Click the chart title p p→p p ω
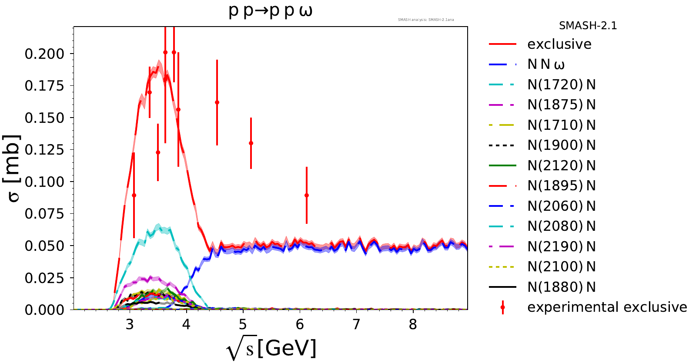tap(271, 11)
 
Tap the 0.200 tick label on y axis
tap(44, 54)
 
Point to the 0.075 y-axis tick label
tap(44, 214)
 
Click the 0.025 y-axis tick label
tap(44, 278)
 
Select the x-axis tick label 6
tap(300, 324)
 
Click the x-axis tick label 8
tap(413, 324)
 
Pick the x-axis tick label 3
tap(130, 324)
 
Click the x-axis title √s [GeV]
tap(271, 348)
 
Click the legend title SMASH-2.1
tap(588, 26)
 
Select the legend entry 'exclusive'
tap(559, 44)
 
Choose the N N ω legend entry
tap(546, 64)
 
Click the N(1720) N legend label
tap(562, 84)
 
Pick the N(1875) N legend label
tap(562, 105)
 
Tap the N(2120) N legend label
tap(562, 165)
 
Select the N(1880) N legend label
tap(562, 287)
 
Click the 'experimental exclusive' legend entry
tap(607, 307)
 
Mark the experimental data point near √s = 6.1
tap(307, 195)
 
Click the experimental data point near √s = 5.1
tap(251, 143)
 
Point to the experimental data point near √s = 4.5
tap(217, 102)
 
